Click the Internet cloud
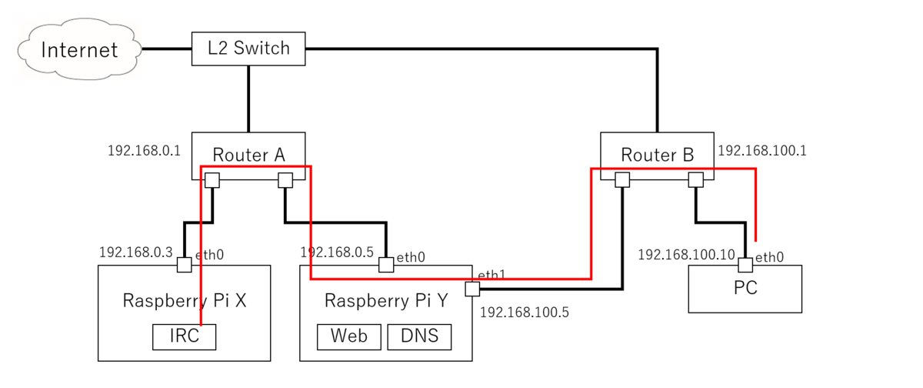pyautogui.click(x=79, y=50)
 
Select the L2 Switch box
pyautogui.click(x=248, y=48)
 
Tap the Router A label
pyautogui.click(x=248, y=154)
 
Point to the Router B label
pyautogui.click(x=657, y=154)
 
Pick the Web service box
pyautogui.click(x=348, y=336)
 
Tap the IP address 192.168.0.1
pyautogui.click(x=145, y=150)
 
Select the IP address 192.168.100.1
pyautogui.click(x=761, y=151)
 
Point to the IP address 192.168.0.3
pyautogui.click(x=135, y=252)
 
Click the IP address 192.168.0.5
pyautogui.click(x=336, y=252)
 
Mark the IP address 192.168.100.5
pyautogui.click(x=525, y=313)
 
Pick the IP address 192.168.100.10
pyautogui.click(x=687, y=254)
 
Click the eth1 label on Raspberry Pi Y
pyautogui.click(x=491, y=276)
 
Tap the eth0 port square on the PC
pyautogui.click(x=745, y=265)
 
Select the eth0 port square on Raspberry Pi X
pyautogui.click(x=184, y=265)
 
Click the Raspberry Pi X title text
pyautogui.click(x=184, y=300)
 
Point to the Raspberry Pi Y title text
pyautogui.click(x=385, y=300)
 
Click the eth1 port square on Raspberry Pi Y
pyautogui.click(x=472, y=289)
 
